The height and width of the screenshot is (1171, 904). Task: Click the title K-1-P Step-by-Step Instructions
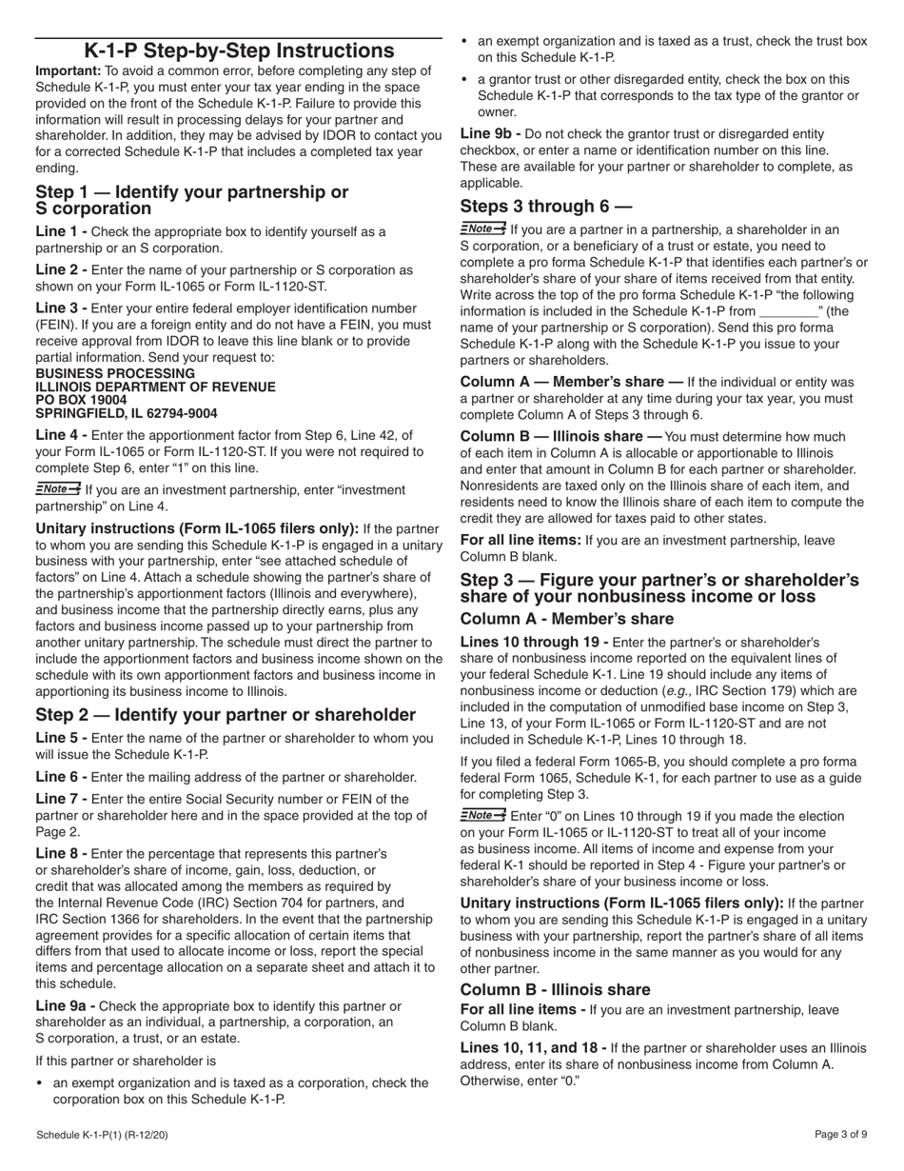point(239,51)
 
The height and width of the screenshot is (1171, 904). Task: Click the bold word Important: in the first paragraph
point(68,71)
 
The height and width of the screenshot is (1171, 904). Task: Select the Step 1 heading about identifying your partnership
point(191,200)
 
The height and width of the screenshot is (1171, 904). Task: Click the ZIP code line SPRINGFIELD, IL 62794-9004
point(126,414)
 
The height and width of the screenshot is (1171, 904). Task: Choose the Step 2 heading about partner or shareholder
point(226,715)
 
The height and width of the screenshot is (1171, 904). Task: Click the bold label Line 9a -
point(66,1006)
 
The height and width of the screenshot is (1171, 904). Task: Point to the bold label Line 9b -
point(491,134)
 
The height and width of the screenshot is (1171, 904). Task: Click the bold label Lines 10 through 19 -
point(534,643)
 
